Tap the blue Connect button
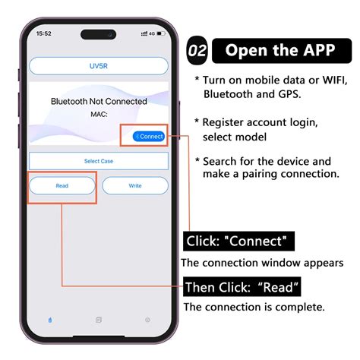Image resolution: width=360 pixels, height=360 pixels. pyautogui.click(x=148, y=136)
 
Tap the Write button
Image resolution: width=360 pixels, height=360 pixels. pyautogui.click(x=135, y=185)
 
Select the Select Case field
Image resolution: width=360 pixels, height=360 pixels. pyautogui.click(x=99, y=161)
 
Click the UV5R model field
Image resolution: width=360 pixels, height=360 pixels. pyautogui.click(x=99, y=66)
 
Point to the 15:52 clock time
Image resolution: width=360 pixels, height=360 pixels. pyautogui.click(x=44, y=34)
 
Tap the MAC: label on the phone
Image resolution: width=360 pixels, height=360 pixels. pyautogui.click(x=99, y=114)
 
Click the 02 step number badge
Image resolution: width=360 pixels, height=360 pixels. pyautogui.click(x=197, y=52)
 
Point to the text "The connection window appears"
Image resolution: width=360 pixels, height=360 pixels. pyautogui.click(x=262, y=263)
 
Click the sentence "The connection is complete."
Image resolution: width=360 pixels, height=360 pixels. pyautogui.click(x=254, y=307)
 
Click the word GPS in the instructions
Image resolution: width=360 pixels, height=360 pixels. pyautogui.click(x=286, y=93)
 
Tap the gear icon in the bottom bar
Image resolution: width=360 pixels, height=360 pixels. pyautogui.click(x=147, y=320)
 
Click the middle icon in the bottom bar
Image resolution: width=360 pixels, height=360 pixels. pyautogui.click(x=99, y=320)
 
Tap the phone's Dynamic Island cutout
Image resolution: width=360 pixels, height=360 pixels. pyautogui.click(x=99, y=34)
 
